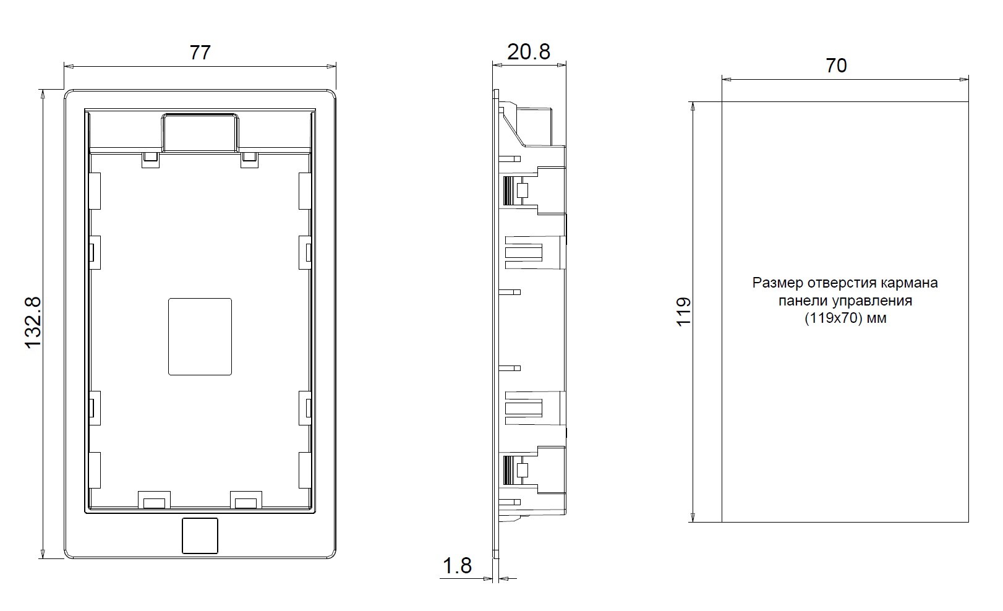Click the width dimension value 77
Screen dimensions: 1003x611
200,53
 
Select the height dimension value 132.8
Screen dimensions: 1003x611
33,323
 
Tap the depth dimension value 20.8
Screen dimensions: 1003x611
528,52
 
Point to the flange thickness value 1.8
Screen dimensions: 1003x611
457,566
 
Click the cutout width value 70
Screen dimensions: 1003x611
836,66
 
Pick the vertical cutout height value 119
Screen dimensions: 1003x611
684,312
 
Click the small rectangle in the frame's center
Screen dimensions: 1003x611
200,336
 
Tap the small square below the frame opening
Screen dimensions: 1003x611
200,536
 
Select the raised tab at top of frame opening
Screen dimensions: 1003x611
200,132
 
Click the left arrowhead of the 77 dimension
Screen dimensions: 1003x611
69,67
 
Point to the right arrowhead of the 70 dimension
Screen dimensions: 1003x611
963,80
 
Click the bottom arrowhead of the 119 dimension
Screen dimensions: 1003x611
693,517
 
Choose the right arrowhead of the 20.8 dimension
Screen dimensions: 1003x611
561,66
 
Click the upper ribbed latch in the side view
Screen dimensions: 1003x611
508,190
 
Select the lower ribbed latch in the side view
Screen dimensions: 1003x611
508,470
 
